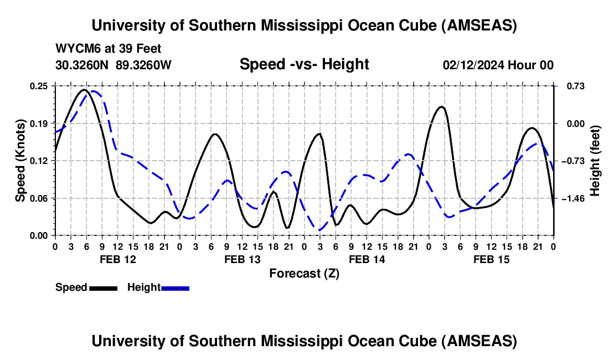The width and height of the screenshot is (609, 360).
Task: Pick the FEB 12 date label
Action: pyautogui.click(x=117, y=259)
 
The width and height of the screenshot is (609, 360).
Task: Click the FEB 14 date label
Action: pyautogui.click(x=367, y=259)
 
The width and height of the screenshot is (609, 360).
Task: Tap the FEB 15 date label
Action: pyautogui.click(x=491, y=259)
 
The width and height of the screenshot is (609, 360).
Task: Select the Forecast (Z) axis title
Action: pyautogui.click(x=304, y=273)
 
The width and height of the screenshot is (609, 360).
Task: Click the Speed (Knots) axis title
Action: pyautogui.click(x=20, y=161)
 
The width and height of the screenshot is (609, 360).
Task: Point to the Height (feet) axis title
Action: pyautogui.click(x=595, y=161)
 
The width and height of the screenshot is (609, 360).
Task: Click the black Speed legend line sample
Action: pyautogui.click(x=103, y=287)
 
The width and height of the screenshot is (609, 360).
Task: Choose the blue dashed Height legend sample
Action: pyautogui.click(x=175, y=287)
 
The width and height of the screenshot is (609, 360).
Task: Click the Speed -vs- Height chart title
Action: pyautogui.click(x=304, y=64)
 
